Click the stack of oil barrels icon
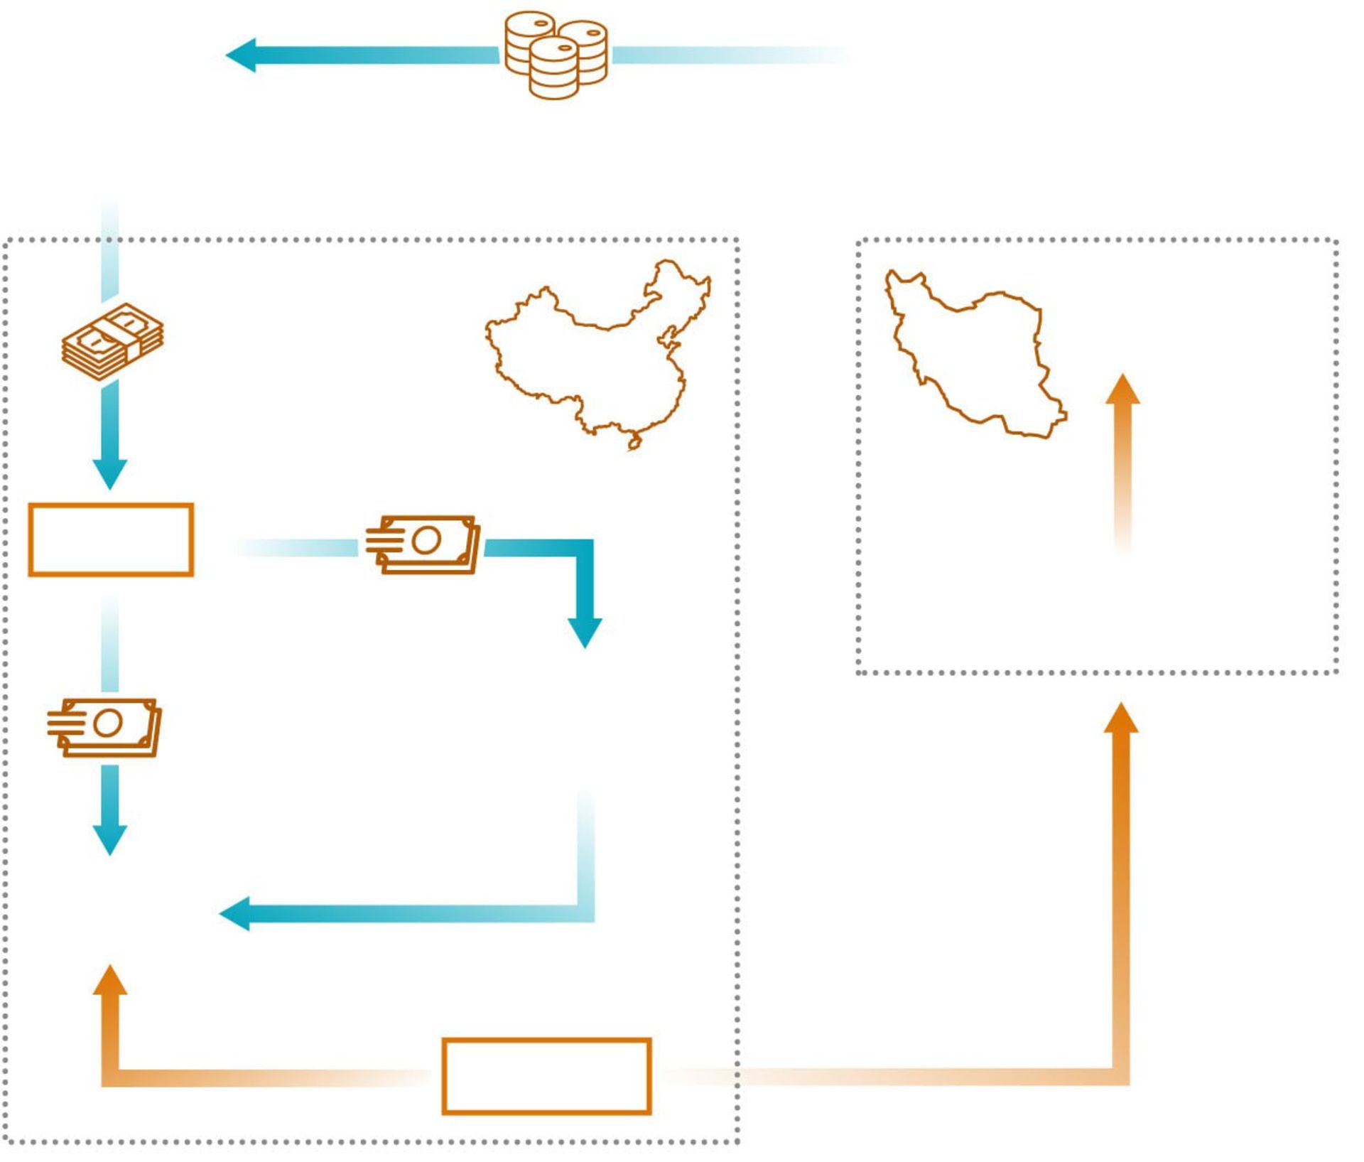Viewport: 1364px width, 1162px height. click(x=556, y=55)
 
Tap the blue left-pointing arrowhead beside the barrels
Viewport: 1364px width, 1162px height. click(x=242, y=55)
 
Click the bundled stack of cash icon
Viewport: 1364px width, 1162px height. click(x=112, y=342)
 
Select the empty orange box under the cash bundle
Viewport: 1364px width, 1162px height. click(x=111, y=539)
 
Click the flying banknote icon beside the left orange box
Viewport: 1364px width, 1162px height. click(x=423, y=544)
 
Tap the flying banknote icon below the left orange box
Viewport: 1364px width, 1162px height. click(x=105, y=726)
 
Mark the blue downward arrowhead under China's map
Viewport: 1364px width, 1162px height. click(x=585, y=632)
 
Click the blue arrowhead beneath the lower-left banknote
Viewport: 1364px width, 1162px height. click(x=110, y=839)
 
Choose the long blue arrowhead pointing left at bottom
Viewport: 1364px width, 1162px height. click(x=236, y=913)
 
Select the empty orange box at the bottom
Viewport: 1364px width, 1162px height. click(x=546, y=1075)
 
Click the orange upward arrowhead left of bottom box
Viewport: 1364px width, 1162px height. click(x=110, y=981)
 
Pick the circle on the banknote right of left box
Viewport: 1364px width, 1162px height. click(x=426, y=541)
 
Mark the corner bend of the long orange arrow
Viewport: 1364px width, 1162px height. click(x=1121, y=1076)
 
